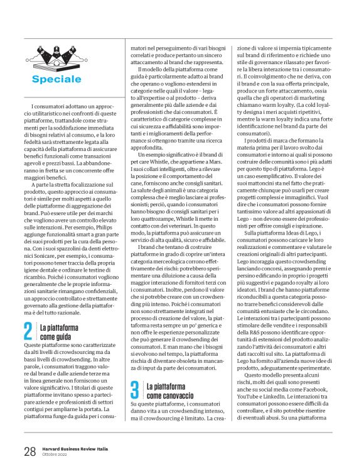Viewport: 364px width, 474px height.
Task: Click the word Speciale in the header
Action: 56,79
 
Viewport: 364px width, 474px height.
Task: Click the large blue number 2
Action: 28,349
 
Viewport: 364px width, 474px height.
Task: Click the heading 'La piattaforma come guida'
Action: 60,350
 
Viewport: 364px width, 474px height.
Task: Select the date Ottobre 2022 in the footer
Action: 57,454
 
